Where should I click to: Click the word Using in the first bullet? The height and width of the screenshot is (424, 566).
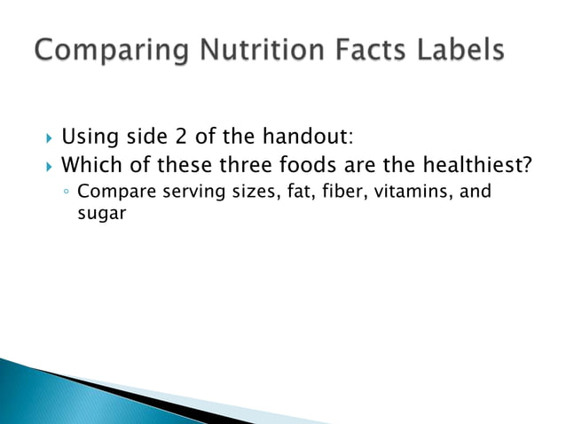87,137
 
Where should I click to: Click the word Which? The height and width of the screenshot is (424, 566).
90,164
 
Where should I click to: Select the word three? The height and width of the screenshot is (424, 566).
234,164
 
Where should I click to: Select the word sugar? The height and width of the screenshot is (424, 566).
97,213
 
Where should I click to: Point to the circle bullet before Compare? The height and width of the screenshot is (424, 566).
67,192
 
